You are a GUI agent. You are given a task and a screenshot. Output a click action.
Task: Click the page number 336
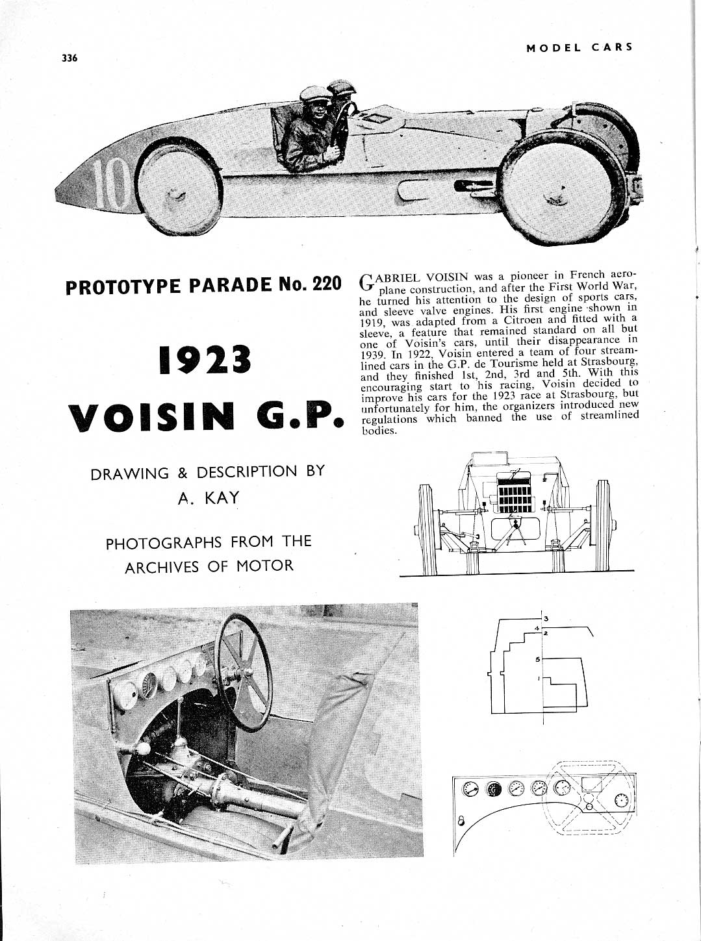coord(70,58)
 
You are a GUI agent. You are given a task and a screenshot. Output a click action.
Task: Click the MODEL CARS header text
coord(580,47)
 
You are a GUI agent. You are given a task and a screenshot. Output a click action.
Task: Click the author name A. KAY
coord(209,498)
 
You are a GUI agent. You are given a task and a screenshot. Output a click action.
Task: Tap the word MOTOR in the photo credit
coord(264,566)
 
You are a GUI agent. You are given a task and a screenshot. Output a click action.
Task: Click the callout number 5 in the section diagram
coord(539,660)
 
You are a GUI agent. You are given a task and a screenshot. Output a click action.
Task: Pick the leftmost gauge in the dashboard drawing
coord(468,790)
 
